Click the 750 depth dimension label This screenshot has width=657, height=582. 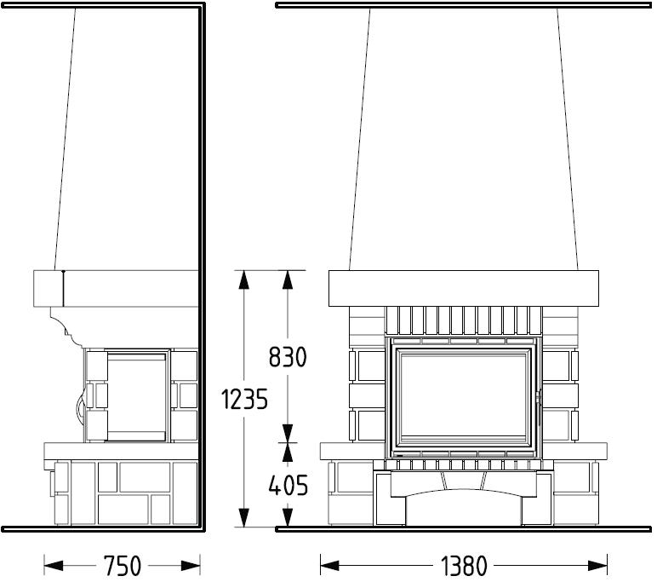[123, 566]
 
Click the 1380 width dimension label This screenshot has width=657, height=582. [464, 566]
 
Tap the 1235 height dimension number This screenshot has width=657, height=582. [244, 399]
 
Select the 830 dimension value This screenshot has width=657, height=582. [288, 357]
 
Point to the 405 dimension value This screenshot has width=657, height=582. [288, 485]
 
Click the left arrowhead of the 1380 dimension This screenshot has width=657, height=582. [329, 566]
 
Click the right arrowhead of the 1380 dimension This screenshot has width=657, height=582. [598, 566]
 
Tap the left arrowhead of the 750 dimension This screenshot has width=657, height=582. [54, 566]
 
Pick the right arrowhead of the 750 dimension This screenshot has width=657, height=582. [191, 566]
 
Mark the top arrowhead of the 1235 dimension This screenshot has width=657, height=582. [244, 279]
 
